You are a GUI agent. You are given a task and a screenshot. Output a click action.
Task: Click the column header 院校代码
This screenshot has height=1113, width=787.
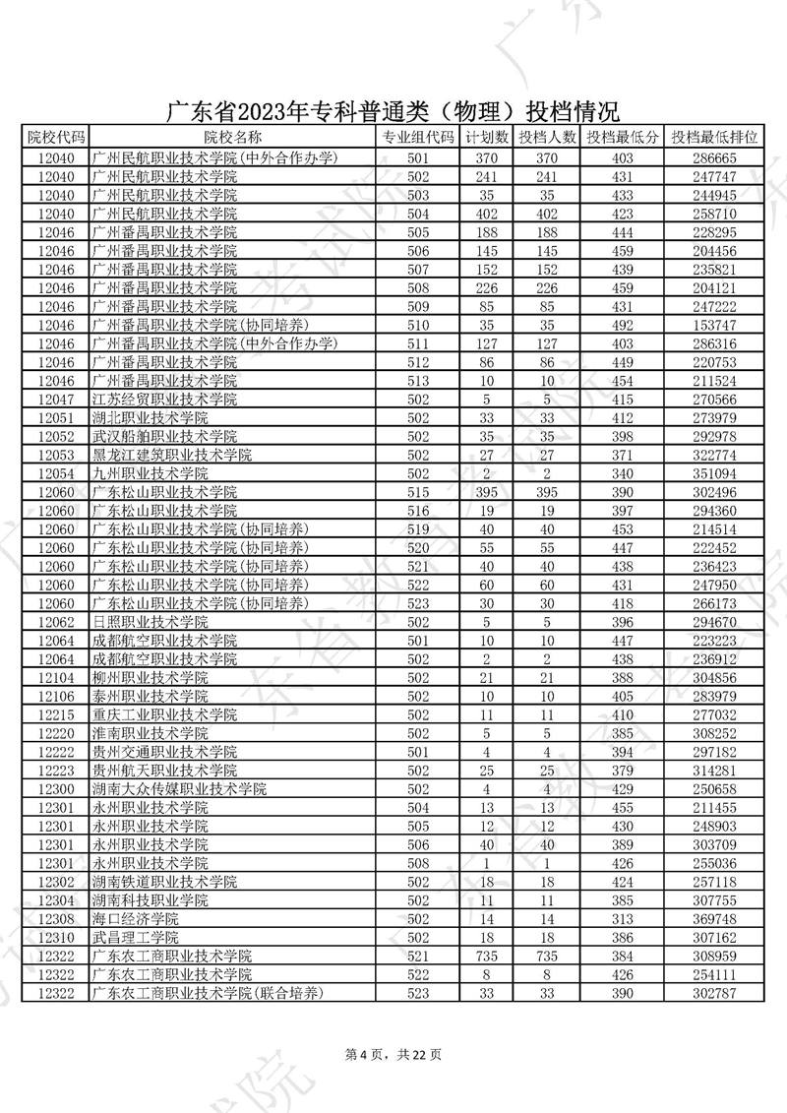coord(55,138)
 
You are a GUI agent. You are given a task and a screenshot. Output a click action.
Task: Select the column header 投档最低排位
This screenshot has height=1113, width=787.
coord(716,138)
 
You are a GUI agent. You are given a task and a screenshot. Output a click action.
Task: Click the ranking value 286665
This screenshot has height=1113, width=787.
coord(716,157)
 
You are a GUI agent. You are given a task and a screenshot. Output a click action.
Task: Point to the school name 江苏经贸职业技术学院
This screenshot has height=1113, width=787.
coord(163,400)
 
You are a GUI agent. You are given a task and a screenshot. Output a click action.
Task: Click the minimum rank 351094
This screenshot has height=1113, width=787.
coord(716,473)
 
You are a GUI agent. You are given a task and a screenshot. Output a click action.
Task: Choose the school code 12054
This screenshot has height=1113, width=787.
coord(55,473)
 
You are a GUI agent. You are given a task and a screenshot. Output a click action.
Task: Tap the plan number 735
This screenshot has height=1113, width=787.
coord(486,957)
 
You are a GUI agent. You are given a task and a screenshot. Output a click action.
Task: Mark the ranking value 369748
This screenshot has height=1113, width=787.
coord(716,919)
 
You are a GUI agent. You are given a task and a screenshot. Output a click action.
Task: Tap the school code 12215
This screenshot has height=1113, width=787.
coord(55,715)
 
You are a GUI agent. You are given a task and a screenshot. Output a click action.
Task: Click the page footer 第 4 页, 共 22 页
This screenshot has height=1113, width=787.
coord(393,1054)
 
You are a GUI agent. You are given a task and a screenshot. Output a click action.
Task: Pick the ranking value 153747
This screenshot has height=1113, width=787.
coord(716,325)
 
